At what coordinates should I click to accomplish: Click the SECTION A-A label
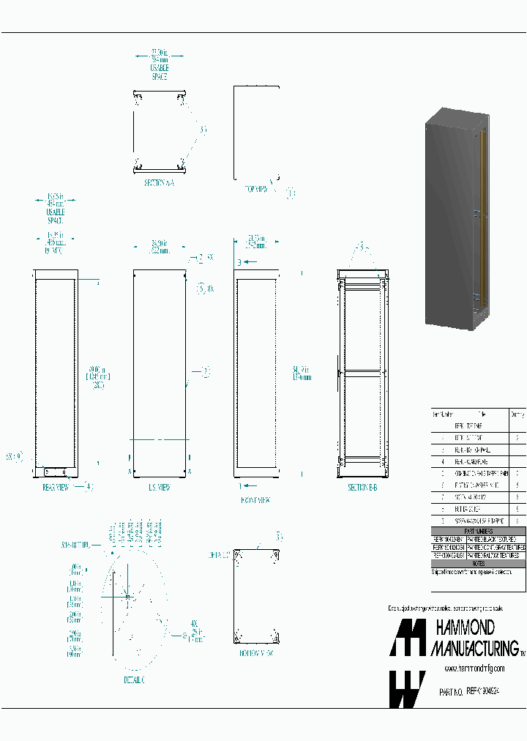(159, 183)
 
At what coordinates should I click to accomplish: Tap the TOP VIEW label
(257, 189)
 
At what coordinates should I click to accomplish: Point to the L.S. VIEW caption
(159, 487)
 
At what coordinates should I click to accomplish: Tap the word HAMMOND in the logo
(466, 607)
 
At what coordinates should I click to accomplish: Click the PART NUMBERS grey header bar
(479, 531)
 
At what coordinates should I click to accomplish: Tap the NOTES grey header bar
(479, 563)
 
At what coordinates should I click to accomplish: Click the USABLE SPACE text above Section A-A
(159, 72)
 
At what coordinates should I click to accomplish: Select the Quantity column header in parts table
(517, 413)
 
